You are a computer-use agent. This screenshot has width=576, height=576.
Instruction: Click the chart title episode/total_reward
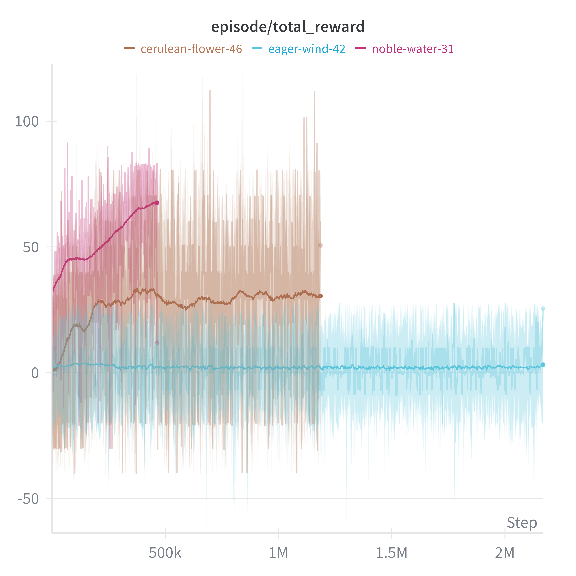(288, 27)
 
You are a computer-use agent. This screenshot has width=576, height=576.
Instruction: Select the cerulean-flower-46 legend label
(191, 49)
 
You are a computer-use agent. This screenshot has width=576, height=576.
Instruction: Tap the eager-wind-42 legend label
(307, 49)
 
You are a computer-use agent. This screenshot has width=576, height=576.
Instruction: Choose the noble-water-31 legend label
(413, 49)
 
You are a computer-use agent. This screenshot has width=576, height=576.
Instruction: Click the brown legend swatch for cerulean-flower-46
(129, 48)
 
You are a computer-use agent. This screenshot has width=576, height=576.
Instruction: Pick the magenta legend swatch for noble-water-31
(360, 48)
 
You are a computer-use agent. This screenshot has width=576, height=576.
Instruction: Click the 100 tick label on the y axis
(27, 122)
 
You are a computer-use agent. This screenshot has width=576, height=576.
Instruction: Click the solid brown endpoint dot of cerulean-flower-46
(320, 296)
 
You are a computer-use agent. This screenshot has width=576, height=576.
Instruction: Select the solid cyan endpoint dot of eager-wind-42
(543, 365)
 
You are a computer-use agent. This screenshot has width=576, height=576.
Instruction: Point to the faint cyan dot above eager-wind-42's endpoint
(543, 309)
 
